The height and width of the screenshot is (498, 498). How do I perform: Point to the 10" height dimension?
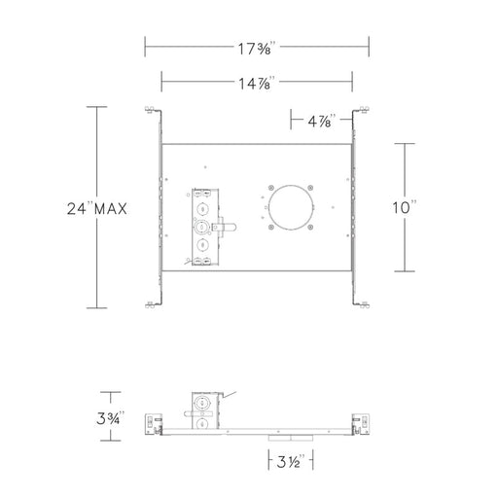[x=405, y=207]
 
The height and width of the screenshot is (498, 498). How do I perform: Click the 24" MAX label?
[x=97, y=208]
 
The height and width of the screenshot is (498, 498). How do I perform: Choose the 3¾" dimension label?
[x=110, y=418]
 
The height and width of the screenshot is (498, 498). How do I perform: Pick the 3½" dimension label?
[x=291, y=462]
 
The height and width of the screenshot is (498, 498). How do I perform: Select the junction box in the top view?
[x=205, y=227]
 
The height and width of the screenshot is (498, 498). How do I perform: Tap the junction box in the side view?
[x=205, y=410]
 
